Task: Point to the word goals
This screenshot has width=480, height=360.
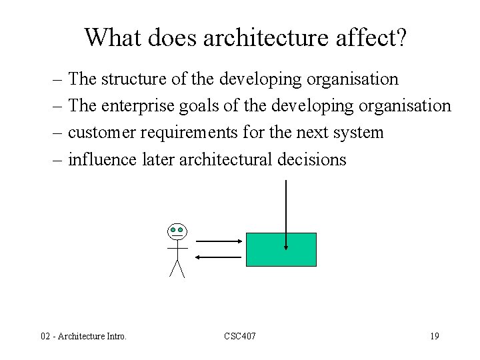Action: click(x=203, y=106)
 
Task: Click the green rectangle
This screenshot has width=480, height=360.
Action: click(x=267, y=249)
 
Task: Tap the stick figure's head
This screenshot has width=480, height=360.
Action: click(x=177, y=231)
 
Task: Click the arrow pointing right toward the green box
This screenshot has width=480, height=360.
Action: click(x=219, y=241)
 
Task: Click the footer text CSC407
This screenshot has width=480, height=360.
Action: click(x=240, y=336)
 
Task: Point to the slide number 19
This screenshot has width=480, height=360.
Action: click(x=434, y=336)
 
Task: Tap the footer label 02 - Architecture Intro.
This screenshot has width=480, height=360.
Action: click(x=84, y=336)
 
